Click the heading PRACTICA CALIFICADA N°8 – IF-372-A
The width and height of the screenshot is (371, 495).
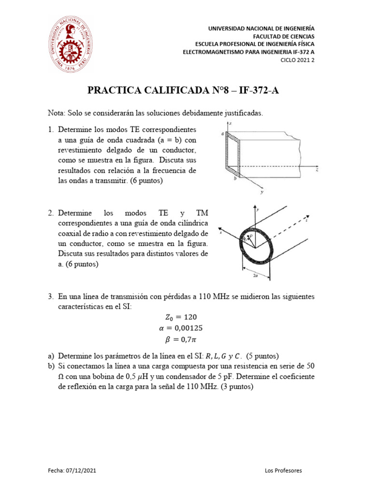pos(185,91)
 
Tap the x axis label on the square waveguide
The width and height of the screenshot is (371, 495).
pos(232,124)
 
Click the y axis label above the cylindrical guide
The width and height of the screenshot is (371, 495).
pos(259,209)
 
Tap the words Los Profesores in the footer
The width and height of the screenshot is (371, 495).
pos(284,470)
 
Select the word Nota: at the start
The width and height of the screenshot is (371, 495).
pos(57,113)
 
